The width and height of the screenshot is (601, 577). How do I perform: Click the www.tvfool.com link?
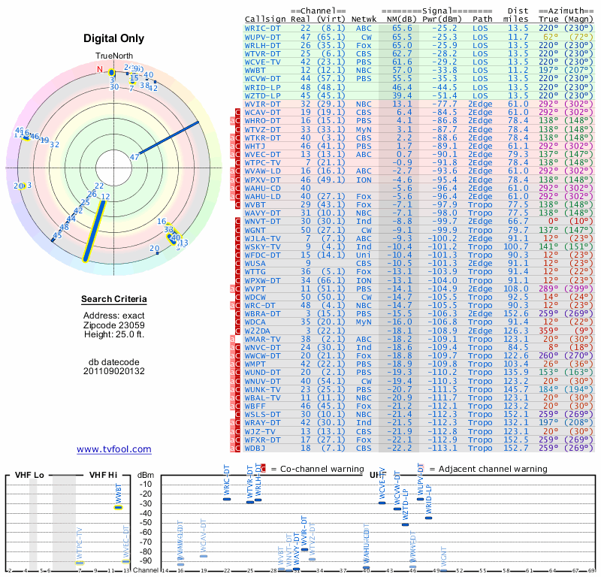[x=114, y=449]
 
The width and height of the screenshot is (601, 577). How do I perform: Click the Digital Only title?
[x=113, y=38]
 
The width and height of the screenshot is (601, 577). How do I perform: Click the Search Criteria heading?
[x=114, y=300]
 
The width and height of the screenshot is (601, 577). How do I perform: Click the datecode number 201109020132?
[x=114, y=370]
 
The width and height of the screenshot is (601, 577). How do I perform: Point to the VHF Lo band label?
[x=29, y=475]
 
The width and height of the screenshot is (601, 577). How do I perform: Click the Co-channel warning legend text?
[x=316, y=469]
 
